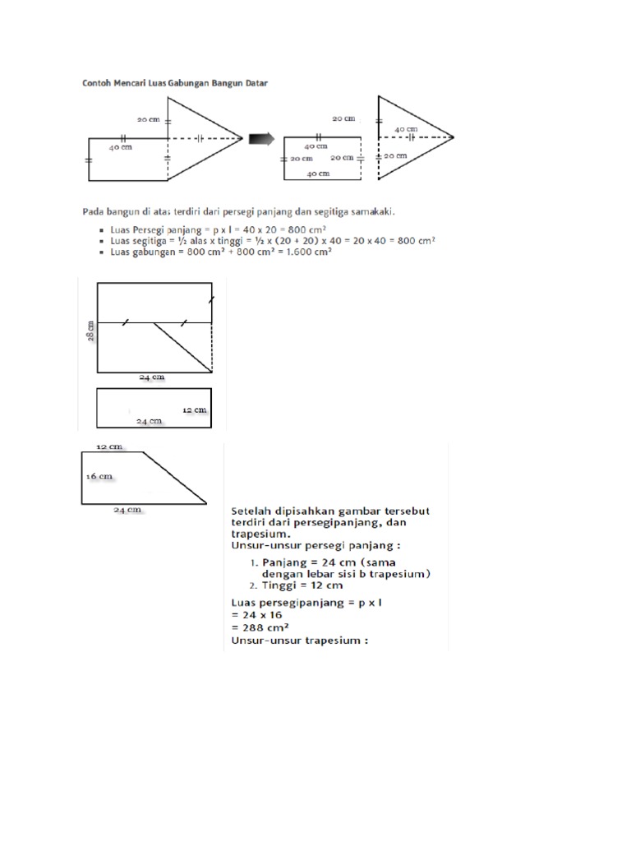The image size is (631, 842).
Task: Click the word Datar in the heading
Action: pyautogui.click(x=255, y=82)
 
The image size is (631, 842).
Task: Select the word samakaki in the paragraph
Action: pyautogui.click(x=371, y=211)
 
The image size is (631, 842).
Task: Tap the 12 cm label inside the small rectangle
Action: pyautogui.click(x=194, y=409)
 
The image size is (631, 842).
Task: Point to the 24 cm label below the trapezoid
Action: pyautogui.click(x=127, y=510)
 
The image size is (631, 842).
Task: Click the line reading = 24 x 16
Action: pyautogui.click(x=256, y=613)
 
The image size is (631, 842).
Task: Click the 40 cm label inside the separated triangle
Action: pyautogui.click(x=405, y=129)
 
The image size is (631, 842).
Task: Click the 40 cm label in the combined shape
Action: pyautogui.click(x=120, y=148)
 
